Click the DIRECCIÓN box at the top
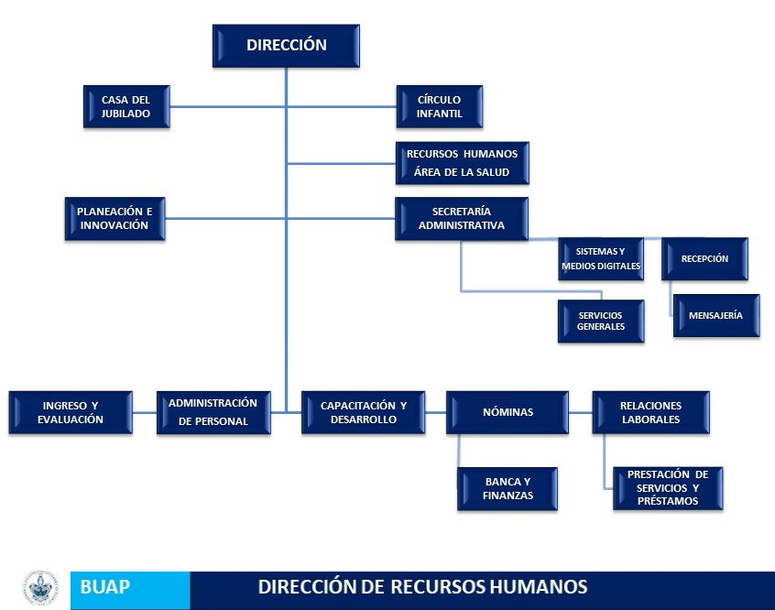[x=286, y=46]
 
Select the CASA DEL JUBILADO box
[x=126, y=107]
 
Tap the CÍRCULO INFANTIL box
[x=440, y=107]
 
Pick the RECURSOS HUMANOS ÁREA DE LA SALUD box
[x=462, y=163]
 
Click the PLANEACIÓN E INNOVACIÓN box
[x=115, y=219]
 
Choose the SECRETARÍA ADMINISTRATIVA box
[x=462, y=219]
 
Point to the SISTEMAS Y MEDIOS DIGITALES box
[x=601, y=259]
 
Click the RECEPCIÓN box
[x=704, y=259]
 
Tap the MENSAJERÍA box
[x=716, y=316]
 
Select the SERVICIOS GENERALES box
[x=601, y=321]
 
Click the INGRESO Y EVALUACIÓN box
[x=71, y=413]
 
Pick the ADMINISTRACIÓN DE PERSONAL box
[x=213, y=413]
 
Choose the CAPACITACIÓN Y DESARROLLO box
[x=364, y=413]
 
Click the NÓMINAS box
[x=508, y=413]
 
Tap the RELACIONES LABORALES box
[x=651, y=413]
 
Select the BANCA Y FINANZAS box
[x=508, y=489]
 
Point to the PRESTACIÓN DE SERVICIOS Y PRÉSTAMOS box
[x=668, y=488]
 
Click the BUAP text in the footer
[x=104, y=587]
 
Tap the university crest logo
[x=40, y=588]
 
